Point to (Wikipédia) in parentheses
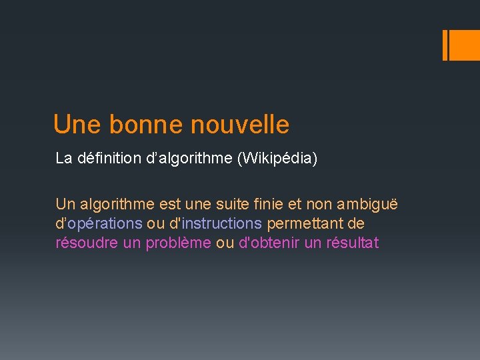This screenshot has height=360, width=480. coord(281,159)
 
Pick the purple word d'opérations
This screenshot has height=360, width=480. coord(99,223)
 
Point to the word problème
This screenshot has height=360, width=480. coord(179,243)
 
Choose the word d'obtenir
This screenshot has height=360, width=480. coord(269,243)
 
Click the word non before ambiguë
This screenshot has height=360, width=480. coord(321,205)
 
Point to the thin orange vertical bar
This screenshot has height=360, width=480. coord(445,45)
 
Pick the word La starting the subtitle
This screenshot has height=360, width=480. coord(63,159)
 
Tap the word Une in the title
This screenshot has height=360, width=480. coord(77,125)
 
